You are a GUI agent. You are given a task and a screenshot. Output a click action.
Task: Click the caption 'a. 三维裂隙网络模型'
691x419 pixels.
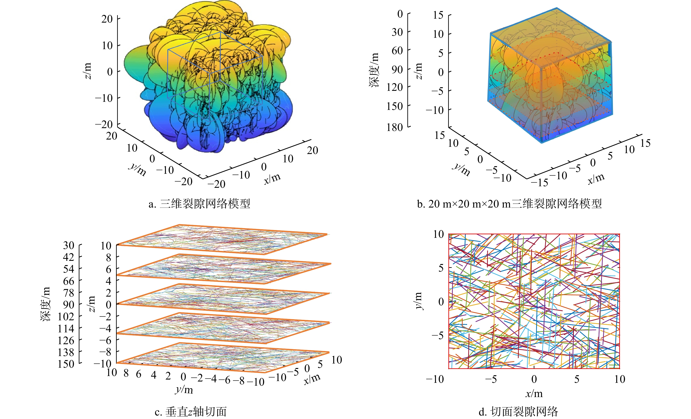[x=199, y=204]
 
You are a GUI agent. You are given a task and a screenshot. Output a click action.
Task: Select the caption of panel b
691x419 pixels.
[x=509, y=204]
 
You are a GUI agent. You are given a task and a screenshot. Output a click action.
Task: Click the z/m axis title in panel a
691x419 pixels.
[x=88, y=71]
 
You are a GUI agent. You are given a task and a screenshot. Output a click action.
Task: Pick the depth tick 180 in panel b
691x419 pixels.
[x=395, y=127]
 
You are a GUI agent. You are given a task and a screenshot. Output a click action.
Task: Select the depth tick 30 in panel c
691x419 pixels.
[x=68, y=245]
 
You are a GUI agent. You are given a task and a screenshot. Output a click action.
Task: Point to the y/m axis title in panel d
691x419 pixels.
[x=418, y=301]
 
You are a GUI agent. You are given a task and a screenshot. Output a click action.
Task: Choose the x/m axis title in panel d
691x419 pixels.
[x=534, y=394]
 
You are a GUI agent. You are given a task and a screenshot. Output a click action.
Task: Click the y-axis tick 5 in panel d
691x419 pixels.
[x=441, y=268]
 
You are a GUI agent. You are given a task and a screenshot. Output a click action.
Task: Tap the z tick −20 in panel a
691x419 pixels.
[x=104, y=124]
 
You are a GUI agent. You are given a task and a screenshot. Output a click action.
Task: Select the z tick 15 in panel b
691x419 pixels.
[x=438, y=15]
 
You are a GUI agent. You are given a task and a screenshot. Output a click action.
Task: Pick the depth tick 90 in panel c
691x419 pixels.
[x=68, y=304]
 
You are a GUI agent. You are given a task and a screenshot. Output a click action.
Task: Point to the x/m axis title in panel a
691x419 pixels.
[x=272, y=178]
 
